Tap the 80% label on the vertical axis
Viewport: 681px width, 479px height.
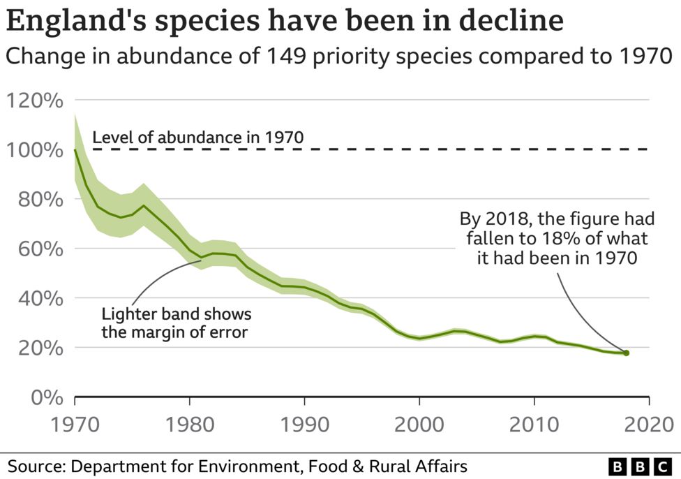click(39, 200)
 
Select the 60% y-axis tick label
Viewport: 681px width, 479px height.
click(39, 249)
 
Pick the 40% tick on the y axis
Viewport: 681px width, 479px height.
click(39, 299)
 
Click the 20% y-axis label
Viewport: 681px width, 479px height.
click(39, 348)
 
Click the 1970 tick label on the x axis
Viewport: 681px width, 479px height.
click(75, 425)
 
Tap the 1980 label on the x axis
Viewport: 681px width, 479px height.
click(189, 425)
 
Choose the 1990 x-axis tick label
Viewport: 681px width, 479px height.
click(304, 425)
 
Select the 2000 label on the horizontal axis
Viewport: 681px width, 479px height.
click(419, 425)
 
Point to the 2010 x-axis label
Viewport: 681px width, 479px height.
click(534, 425)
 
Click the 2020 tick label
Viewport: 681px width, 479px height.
click(648, 425)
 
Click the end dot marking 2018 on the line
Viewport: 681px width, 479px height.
click(626, 353)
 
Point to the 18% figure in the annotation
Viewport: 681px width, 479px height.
click(563, 238)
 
